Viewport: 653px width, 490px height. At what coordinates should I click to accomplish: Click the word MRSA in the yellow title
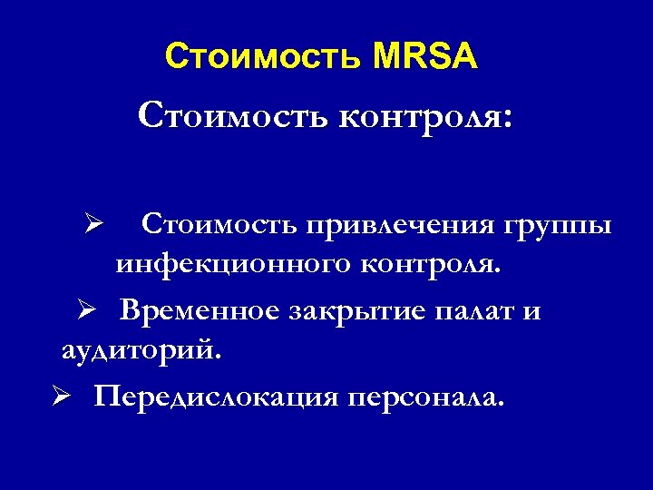click(x=424, y=59)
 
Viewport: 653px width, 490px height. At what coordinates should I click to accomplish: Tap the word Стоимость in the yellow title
click(x=264, y=59)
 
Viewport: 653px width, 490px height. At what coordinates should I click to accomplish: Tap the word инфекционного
click(x=220, y=267)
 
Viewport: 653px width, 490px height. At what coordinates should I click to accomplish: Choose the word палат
click(x=477, y=310)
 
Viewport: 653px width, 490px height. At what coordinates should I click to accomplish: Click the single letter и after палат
click(x=531, y=312)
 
